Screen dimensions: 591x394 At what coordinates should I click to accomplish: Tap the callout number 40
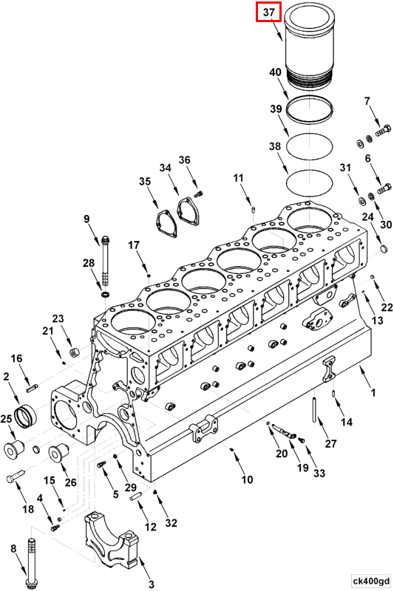(275, 72)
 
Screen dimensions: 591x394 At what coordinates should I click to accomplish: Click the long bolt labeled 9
(108, 262)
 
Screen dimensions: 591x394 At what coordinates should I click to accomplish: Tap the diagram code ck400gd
(370, 581)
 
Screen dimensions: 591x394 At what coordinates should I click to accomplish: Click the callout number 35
(145, 181)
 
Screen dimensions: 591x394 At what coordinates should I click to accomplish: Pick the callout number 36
(184, 160)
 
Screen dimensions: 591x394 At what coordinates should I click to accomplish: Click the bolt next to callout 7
(381, 132)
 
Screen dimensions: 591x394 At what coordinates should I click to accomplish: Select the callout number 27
(330, 444)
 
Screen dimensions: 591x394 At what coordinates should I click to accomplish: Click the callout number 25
(7, 419)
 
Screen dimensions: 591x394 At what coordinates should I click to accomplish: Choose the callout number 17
(134, 245)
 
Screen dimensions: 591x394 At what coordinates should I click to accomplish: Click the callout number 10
(247, 479)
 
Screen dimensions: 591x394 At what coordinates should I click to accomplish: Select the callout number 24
(367, 216)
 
